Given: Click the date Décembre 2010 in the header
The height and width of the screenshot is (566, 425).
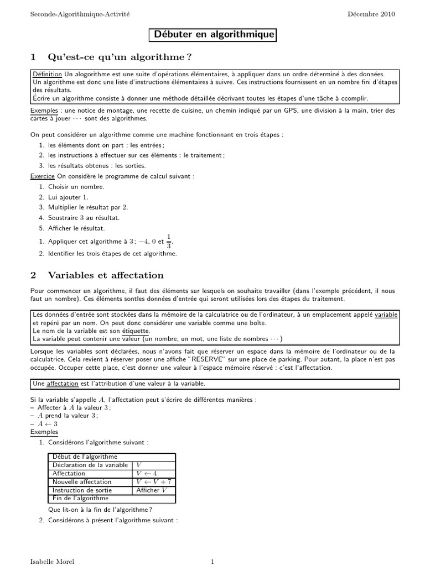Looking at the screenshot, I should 371,14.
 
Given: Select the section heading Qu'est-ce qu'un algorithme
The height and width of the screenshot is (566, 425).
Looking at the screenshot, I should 121,57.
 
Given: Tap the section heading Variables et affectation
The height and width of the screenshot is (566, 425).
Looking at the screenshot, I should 106,275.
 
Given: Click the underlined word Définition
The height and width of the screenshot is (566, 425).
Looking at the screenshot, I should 47,74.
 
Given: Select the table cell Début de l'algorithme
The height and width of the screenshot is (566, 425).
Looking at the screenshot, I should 85,457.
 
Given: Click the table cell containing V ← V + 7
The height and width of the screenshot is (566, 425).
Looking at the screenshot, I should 154,482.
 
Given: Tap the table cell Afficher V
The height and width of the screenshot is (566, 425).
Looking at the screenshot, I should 152,490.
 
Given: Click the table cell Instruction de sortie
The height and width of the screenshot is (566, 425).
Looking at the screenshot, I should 82,490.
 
